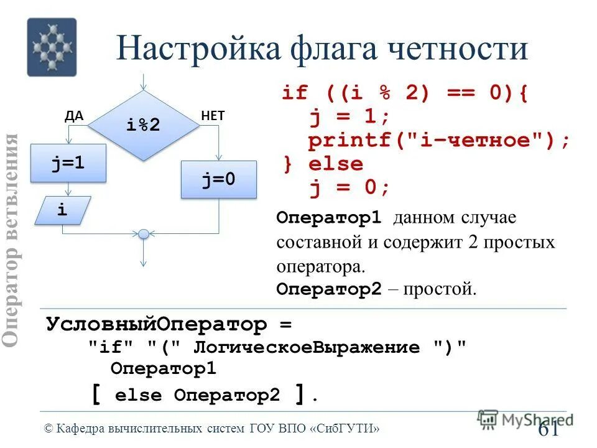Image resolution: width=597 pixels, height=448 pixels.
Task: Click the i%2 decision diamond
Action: [144, 125]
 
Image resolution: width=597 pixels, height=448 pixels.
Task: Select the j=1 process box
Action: [68, 163]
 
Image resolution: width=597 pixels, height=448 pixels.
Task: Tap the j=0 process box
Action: [218, 180]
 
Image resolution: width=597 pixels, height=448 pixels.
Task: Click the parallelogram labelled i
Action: [62, 210]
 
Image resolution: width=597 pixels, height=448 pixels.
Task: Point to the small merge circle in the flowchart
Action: [144, 234]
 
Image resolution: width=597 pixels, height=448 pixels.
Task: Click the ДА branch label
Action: [74, 115]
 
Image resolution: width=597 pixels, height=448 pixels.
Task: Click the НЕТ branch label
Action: [213, 115]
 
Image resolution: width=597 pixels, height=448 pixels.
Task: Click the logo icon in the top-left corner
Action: [52, 47]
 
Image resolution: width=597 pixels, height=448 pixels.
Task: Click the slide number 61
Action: [547, 429]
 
